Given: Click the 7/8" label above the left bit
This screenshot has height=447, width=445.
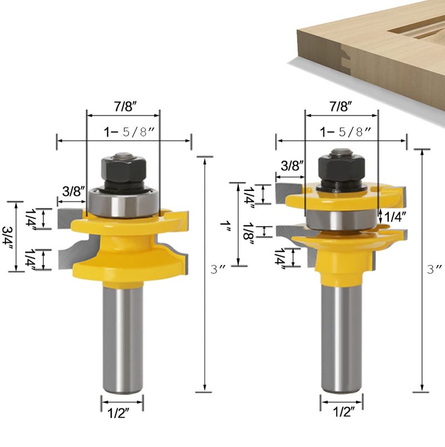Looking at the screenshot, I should point(123,105).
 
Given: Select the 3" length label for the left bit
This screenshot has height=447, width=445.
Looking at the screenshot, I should point(215,269).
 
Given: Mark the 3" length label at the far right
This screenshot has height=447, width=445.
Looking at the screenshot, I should point(434,268).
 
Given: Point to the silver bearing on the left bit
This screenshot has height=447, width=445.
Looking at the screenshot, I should point(123,203).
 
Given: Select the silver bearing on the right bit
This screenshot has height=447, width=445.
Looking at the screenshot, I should point(341,219).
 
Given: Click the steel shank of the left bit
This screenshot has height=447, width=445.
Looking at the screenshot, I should point(122,334).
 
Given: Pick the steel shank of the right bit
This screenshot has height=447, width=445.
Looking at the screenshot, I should point(341,334).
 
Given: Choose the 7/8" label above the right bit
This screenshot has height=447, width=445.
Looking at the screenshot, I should point(342,105).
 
